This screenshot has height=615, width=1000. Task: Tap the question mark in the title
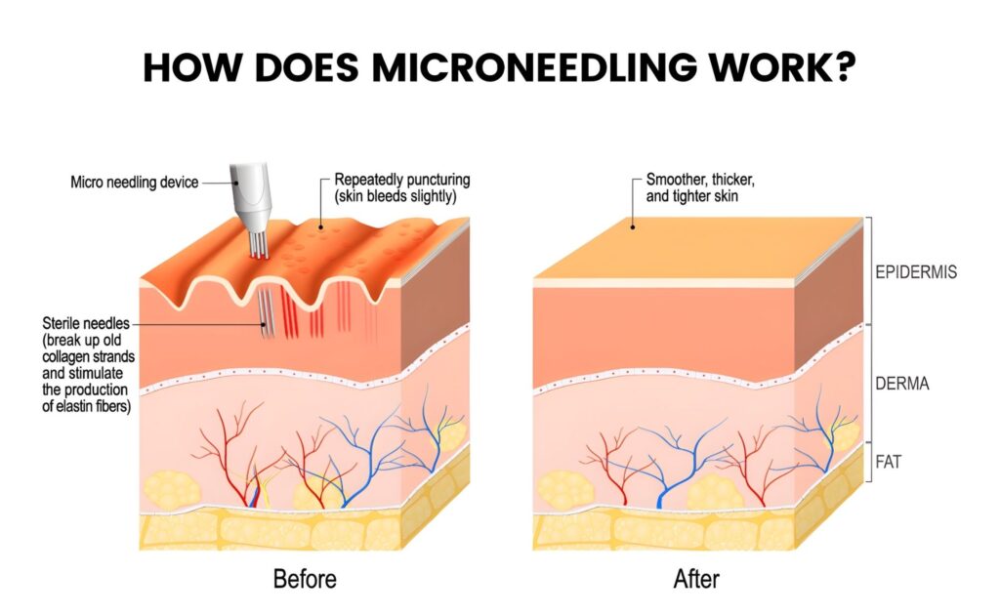846,66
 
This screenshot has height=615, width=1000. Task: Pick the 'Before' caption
305,579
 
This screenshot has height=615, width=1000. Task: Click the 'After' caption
696,579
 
